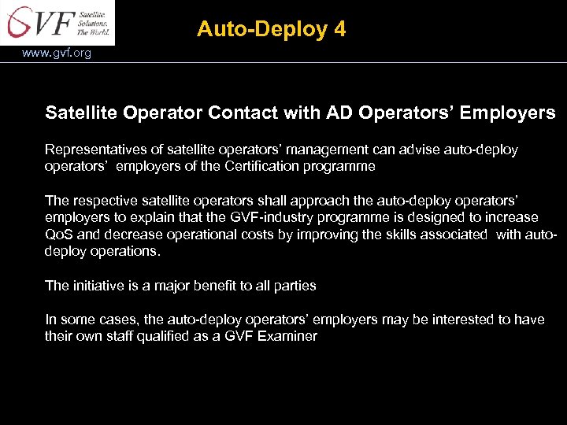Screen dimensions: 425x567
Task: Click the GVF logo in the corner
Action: (58, 23)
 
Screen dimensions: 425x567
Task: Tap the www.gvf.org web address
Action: (57, 54)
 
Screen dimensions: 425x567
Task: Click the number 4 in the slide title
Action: (339, 30)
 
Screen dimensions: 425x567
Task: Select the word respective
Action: (103, 201)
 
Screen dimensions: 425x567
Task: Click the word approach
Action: (305, 201)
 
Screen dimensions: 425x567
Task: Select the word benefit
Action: (220, 286)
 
